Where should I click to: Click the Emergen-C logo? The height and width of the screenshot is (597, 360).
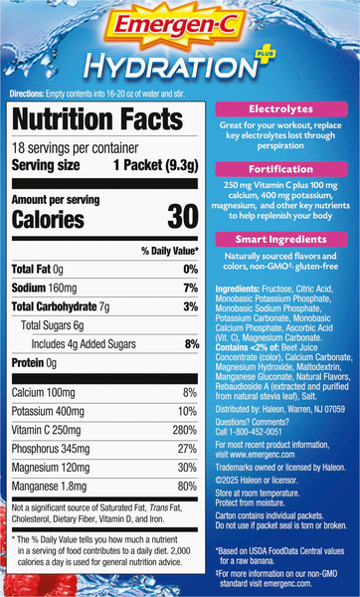tap(175, 27)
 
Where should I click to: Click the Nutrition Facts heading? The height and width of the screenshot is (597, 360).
tap(97, 118)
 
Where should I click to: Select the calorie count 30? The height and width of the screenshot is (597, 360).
tap(183, 217)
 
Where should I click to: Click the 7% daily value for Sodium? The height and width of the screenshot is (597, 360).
tap(191, 288)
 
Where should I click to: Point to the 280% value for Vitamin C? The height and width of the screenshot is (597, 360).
tap(184, 430)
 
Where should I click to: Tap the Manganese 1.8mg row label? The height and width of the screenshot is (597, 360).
tap(49, 487)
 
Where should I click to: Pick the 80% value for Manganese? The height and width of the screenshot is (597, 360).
tap(187, 487)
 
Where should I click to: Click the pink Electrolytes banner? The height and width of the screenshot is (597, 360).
tap(281, 109)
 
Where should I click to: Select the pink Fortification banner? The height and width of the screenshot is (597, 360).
tap(281, 169)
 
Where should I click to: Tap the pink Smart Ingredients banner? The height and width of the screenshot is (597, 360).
tap(281, 239)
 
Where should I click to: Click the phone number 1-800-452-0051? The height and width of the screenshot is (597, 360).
tap(256, 432)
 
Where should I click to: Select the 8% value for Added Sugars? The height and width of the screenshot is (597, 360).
tap(192, 344)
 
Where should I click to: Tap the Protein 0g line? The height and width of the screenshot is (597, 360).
tap(34, 363)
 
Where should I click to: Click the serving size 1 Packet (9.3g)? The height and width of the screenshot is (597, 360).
tap(156, 165)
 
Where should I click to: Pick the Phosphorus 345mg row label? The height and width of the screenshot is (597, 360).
tap(51, 449)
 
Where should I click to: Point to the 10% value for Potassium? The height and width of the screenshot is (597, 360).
tap(187, 412)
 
